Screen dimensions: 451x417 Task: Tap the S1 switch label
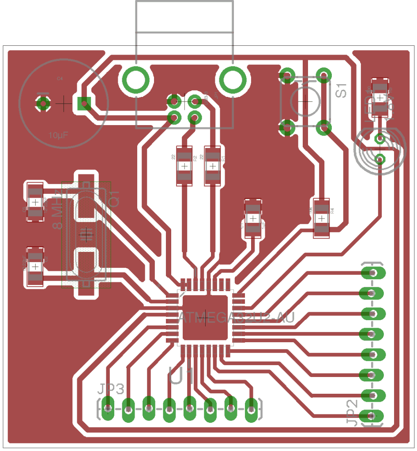point(342,90)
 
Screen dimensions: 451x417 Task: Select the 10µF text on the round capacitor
point(59,135)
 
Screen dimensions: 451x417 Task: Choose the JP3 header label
point(111,389)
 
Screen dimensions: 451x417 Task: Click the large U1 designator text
point(181,376)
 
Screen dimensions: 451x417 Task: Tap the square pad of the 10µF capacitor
point(83,104)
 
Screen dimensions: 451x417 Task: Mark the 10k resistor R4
point(322,218)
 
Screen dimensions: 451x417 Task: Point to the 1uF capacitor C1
point(253,218)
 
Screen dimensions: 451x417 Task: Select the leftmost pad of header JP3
point(108,408)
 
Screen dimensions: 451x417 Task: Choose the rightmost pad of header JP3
point(251,408)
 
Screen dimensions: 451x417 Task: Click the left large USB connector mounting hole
point(135,80)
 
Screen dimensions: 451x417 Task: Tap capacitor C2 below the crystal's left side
point(34,266)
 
